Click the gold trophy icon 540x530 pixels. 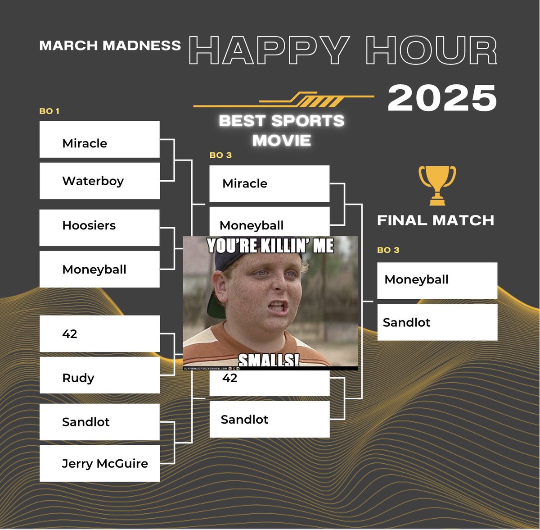tap(437, 185)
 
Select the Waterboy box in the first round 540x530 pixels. tap(99, 181)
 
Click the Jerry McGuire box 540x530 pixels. tap(99, 463)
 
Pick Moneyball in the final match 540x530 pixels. tap(437, 280)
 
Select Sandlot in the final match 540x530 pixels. tap(437, 322)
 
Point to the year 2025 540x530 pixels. tap(442, 98)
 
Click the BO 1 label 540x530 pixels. tap(49, 111)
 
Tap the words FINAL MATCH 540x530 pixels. tap(435, 220)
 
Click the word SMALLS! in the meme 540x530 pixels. tap(268, 361)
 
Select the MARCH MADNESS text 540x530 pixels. tap(110, 46)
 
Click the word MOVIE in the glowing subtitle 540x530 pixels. tap(282, 141)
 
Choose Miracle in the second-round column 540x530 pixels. tap(269, 183)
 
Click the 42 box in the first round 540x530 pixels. tap(99, 334)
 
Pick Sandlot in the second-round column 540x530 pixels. tap(269, 419)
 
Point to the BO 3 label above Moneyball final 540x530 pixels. tap(388, 250)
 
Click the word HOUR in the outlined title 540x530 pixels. tap(431, 50)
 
